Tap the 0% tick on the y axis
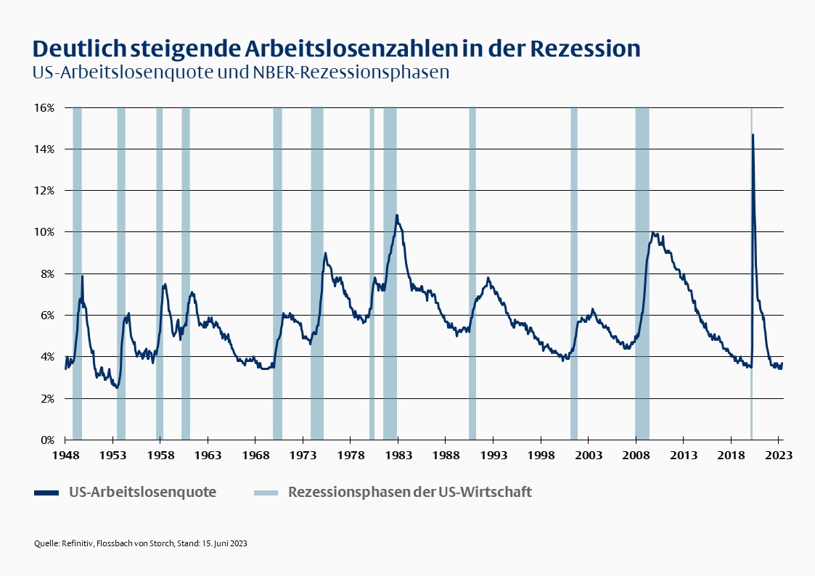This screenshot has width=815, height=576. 47,440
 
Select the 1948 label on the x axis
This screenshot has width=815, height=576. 65,455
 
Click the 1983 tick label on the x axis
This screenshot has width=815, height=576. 398,455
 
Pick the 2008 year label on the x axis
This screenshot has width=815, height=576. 635,455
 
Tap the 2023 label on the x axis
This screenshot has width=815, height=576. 778,455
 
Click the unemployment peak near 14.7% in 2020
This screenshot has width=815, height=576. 753,135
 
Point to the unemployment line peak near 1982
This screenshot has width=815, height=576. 397,215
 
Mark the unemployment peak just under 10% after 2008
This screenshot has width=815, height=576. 652,233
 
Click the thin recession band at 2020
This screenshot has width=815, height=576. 750,290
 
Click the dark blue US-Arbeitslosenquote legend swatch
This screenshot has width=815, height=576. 46,493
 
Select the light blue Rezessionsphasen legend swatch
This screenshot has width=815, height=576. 266,493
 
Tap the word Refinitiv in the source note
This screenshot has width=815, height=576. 77,543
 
